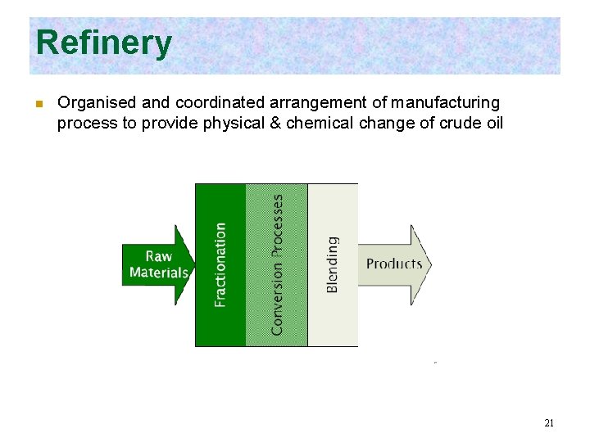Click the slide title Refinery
[x=104, y=43]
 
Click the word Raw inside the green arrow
[x=158, y=256]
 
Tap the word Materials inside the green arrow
[x=158, y=273]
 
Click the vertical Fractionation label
[x=220, y=264]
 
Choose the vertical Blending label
[x=333, y=264]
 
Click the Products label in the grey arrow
[x=394, y=264]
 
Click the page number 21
[x=549, y=423]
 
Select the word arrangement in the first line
[x=339, y=103]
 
